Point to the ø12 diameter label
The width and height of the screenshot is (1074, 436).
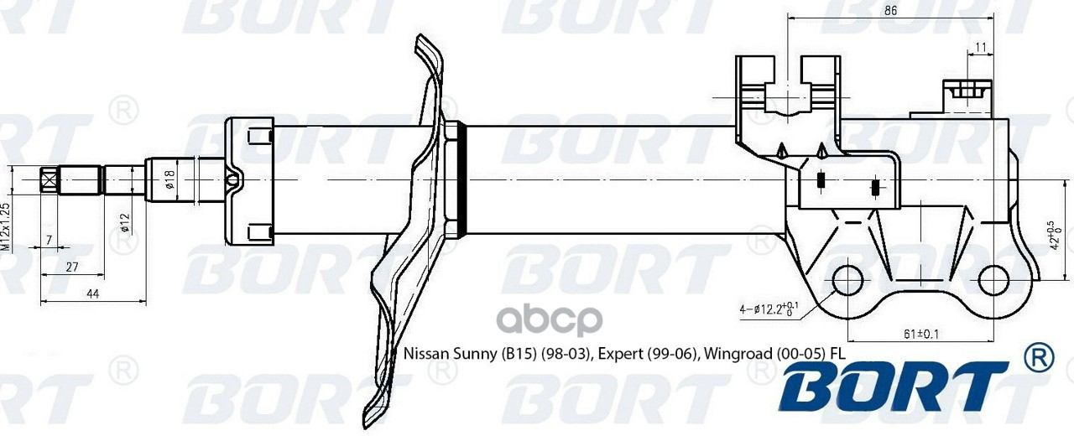[124, 221]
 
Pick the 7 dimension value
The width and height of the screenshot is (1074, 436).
[49, 241]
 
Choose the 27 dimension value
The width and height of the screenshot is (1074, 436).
[71, 267]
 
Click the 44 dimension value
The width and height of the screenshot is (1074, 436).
[92, 293]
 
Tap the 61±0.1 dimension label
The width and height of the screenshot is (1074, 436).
[920, 335]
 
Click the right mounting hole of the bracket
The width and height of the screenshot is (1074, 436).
[994, 281]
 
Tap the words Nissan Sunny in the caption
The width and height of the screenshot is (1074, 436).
[451, 353]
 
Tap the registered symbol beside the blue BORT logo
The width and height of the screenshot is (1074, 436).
[1038, 358]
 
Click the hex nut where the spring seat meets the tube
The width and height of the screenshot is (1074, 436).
[454, 180]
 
